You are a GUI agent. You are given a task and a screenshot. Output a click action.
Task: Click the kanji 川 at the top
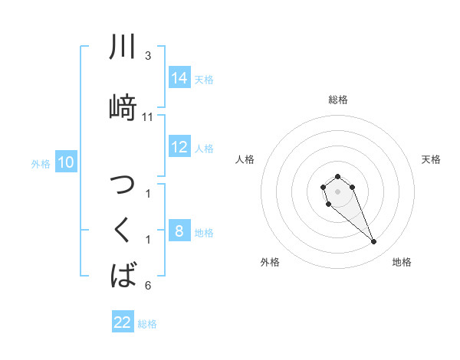coord(123,47)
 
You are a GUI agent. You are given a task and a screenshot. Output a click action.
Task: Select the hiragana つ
coord(123,188)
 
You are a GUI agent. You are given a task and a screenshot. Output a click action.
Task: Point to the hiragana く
coord(123,230)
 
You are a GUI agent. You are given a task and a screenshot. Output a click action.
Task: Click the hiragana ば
coord(123,273)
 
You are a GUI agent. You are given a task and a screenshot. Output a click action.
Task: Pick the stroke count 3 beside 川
coord(148,57)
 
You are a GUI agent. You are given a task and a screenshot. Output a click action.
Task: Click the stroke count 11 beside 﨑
coord(148,117)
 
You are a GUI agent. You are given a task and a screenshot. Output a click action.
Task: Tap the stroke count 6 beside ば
coord(148,286)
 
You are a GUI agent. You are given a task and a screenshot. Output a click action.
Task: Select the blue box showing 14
coord(179,78)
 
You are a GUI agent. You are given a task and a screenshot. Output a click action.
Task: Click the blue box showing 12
coord(179,147)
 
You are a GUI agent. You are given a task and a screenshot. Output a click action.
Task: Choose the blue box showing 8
coord(179,231)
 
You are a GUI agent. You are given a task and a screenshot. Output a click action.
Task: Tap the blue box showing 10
coord(66,162)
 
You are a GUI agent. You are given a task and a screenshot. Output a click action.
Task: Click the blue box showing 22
coord(123,322)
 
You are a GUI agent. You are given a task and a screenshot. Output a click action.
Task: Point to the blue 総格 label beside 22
coord(147,324)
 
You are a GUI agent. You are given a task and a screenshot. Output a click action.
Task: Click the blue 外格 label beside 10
coord(41,164)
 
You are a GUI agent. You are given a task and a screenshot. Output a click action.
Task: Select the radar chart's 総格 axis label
coord(337,100)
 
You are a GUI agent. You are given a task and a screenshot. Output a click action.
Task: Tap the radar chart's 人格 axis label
coord(245,159)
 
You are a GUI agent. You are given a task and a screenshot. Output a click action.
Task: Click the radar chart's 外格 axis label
coord(270,262)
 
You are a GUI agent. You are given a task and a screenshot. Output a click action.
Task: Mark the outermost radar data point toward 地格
coord(374,242)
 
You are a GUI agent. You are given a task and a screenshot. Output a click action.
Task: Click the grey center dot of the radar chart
coord(337,190)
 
